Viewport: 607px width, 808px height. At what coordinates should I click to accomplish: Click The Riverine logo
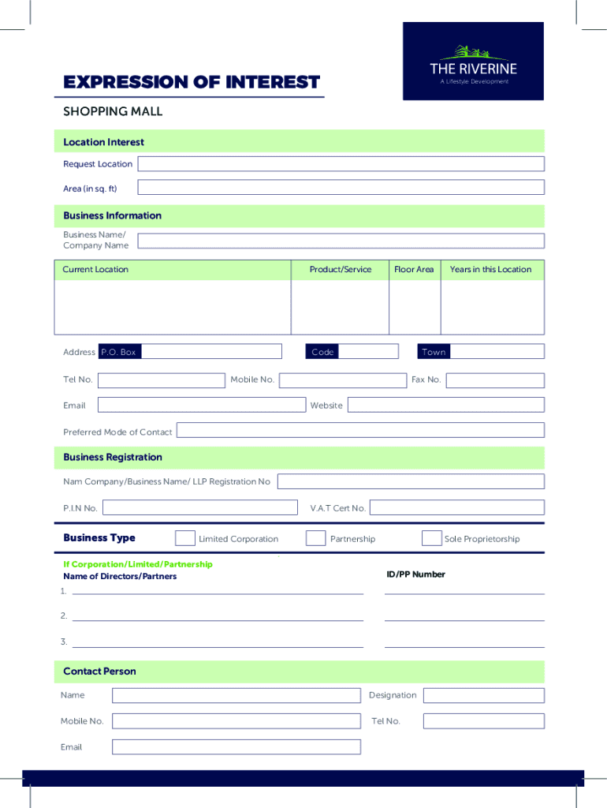[x=473, y=62]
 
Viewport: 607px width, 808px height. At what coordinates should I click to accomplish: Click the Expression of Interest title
[x=192, y=82]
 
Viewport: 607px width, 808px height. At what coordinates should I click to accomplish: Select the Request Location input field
[x=341, y=164]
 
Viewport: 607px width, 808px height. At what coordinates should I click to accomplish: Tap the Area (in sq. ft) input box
[x=341, y=188]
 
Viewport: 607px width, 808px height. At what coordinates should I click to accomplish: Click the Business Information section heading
[x=113, y=215]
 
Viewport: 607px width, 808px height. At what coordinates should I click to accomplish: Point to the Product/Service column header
[x=340, y=270]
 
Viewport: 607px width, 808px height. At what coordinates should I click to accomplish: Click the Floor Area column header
[x=414, y=270]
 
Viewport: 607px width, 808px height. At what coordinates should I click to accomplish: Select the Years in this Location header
[x=490, y=270]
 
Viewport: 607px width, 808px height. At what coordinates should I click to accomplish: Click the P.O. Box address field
[x=211, y=352]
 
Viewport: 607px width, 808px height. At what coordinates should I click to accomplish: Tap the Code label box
[x=322, y=352]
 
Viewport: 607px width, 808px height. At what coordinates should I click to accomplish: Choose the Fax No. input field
[x=494, y=380]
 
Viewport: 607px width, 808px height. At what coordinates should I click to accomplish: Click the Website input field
[x=445, y=405]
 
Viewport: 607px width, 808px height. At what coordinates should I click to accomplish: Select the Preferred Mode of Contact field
[x=359, y=431]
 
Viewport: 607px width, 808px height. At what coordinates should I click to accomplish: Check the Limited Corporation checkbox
[x=185, y=539]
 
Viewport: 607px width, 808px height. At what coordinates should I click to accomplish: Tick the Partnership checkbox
[x=315, y=539]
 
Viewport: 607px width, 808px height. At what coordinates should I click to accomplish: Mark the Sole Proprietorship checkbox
[x=431, y=539]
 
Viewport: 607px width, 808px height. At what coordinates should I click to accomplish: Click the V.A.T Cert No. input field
[x=456, y=507]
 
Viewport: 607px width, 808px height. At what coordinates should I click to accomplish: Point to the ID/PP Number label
[x=415, y=574]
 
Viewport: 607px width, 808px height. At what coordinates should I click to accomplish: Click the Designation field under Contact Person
[x=483, y=695]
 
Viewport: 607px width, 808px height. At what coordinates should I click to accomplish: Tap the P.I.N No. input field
[x=200, y=507]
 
